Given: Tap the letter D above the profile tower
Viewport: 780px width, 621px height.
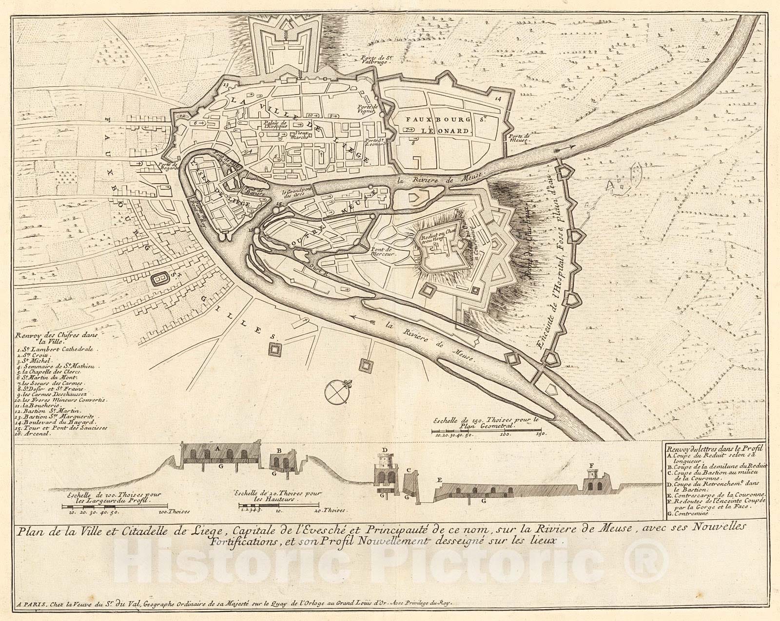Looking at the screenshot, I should [385, 449].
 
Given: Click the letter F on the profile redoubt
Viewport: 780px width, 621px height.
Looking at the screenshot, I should [591, 466].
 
